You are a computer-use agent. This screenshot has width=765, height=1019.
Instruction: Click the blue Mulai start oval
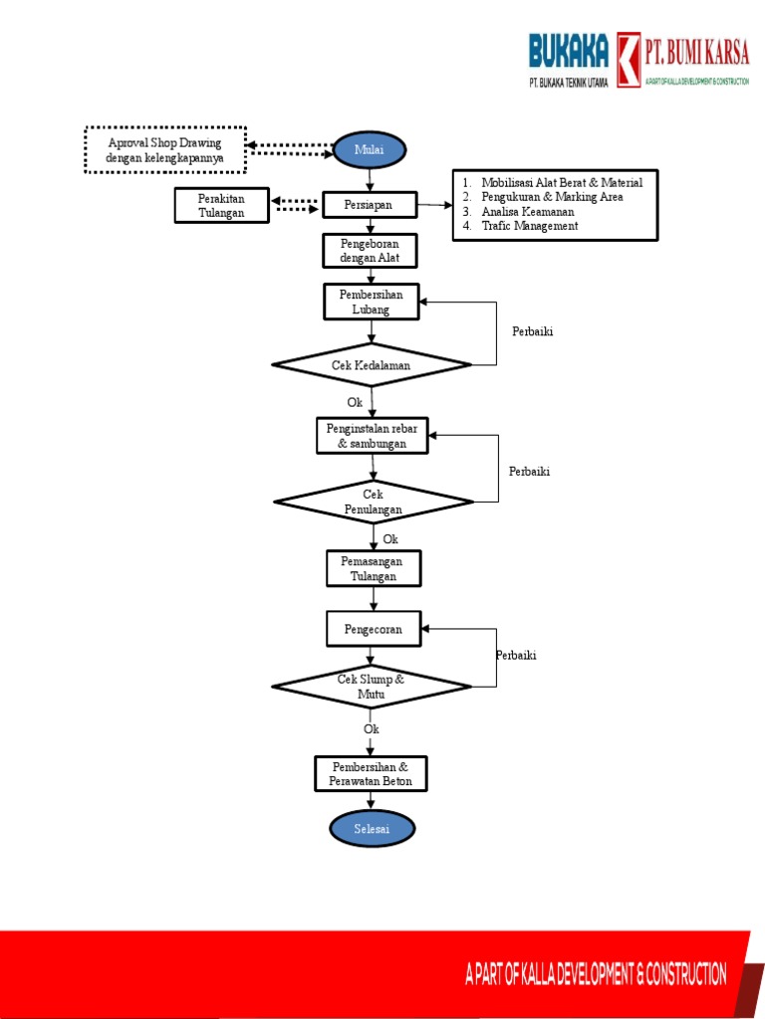(x=370, y=150)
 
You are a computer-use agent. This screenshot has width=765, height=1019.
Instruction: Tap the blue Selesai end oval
(x=372, y=828)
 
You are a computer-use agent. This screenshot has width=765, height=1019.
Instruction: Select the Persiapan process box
(x=370, y=204)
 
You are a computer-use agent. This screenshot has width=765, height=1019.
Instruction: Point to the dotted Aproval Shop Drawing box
(x=165, y=150)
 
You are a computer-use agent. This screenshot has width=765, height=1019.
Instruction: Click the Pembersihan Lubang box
(x=371, y=302)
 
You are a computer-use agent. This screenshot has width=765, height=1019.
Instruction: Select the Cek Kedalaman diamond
(x=372, y=365)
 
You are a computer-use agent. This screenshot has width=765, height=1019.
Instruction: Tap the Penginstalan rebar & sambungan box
(x=373, y=436)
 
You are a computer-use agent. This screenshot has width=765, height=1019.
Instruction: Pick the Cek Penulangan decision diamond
(x=374, y=502)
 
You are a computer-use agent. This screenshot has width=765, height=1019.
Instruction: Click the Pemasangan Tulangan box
(x=374, y=569)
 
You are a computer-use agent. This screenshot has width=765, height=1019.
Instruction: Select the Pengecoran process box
(x=373, y=629)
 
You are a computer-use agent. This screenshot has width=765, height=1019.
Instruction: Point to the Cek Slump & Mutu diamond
(x=372, y=686)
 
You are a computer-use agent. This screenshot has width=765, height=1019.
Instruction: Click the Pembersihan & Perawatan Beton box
(x=371, y=774)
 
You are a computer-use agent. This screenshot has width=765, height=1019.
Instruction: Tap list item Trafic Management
(x=529, y=226)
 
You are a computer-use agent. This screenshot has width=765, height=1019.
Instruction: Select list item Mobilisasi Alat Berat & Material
(x=561, y=183)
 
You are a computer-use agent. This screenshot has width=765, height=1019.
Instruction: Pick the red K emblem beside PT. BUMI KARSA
(x=628, y=61)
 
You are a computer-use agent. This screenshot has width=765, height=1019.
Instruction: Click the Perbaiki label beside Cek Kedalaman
(x=532, y=332)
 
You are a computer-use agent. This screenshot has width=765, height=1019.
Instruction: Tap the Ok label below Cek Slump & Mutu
(x=372, y=729)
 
